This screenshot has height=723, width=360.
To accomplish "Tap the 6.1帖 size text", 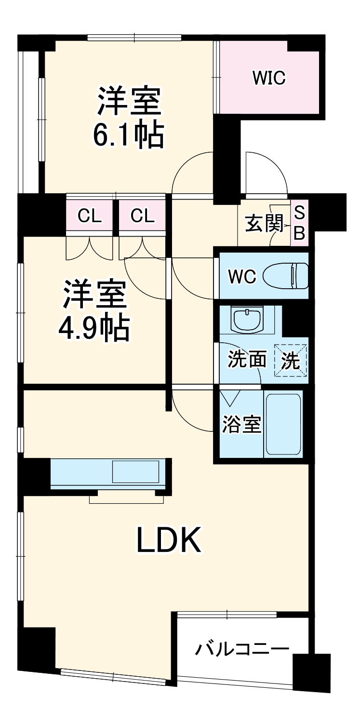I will pos(128,136).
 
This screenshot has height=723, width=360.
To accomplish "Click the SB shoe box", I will pos(299,223).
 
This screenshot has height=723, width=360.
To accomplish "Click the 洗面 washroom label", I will pos(247,359).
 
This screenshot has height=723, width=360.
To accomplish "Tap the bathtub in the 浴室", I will pos(284,424).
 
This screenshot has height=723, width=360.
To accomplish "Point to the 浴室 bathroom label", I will pos(241,425).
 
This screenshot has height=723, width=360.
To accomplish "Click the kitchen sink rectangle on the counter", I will pos(135,471).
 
